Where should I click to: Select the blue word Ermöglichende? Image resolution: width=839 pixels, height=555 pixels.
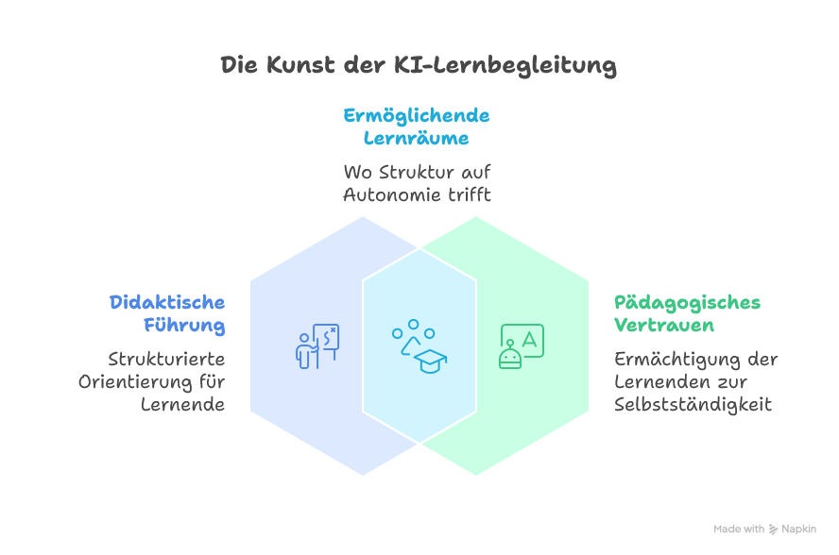point(417,115)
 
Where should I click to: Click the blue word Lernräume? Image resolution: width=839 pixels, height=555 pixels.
point(417,139)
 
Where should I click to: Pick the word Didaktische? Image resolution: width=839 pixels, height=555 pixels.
point(167,302)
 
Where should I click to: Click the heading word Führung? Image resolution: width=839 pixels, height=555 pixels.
point(184,326)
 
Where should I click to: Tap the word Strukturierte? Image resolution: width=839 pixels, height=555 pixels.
point(166,359)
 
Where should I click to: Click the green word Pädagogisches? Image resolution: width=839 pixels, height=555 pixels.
point(687,302)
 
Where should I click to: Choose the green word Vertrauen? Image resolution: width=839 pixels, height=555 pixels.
point(663,326)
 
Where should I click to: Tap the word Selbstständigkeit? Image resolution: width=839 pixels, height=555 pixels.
point(693,404)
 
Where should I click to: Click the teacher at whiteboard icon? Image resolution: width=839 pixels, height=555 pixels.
point(317,346)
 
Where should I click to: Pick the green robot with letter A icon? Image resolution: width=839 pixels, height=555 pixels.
point(521,347)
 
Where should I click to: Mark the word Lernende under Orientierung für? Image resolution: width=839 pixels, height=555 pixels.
point(183,404)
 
